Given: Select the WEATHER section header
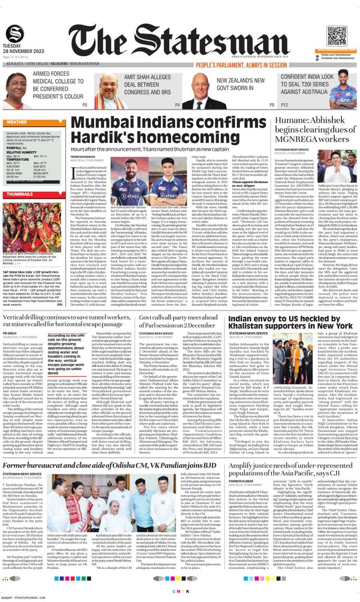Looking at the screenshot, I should click(17, 122).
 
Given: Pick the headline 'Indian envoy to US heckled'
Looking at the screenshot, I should click(290, 321).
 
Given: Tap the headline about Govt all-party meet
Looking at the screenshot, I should click(180, 321).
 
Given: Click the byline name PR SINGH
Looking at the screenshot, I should click(10, 334).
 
